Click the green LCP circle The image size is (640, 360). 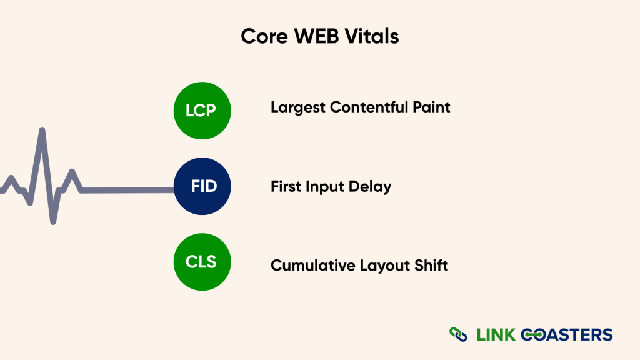[202, 111]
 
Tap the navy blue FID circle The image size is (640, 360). [202, 186]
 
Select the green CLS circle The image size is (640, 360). [202, 262]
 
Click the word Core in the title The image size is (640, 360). [261, 37]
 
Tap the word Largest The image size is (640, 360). [297, 107]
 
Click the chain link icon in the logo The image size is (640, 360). [459, 334]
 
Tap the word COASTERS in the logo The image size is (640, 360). [566, 334]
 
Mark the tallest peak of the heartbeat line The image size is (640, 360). [42, 131]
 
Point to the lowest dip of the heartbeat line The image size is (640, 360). [54, 221]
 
